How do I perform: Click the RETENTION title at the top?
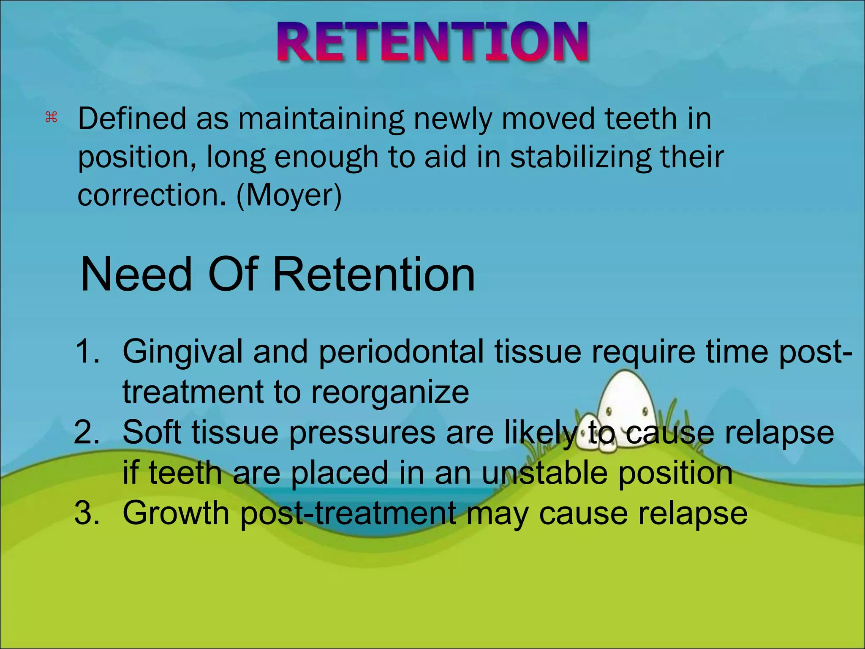[x=432, y=42]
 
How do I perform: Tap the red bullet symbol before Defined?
[x=51, y=117]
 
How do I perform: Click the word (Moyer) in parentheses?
[x=289, y=195]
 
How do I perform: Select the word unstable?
[x=545, y=472]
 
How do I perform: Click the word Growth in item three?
[x=176, y=513]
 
